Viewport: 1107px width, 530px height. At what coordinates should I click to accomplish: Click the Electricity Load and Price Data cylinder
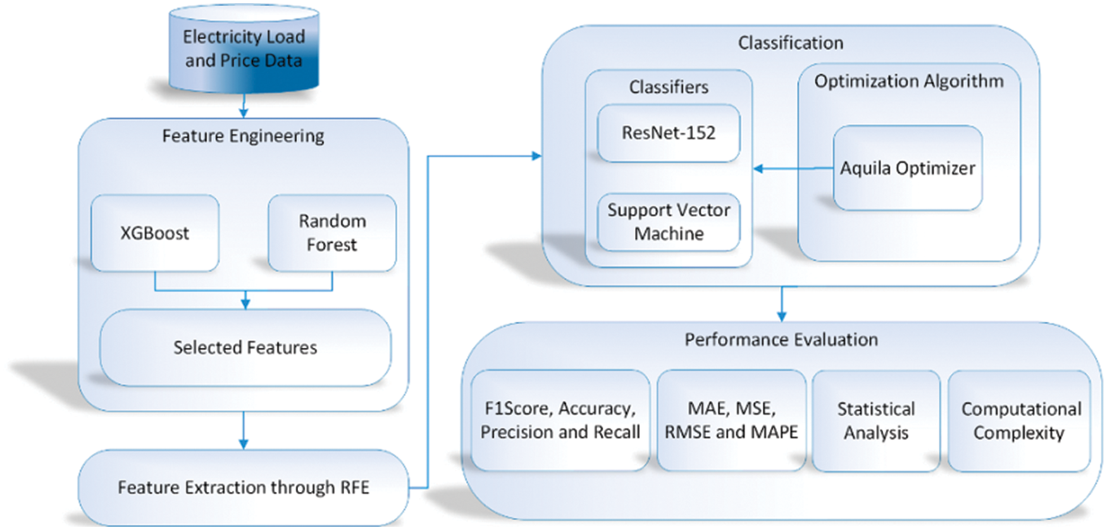point(244,49)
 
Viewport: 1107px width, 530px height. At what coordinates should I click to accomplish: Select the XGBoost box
point(155,233)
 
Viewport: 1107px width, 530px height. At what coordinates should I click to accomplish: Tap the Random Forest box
point(332,233)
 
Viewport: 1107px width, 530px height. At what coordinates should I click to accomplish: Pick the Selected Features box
point(245,348)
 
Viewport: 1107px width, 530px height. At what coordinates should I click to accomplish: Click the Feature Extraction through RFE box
point(244,488)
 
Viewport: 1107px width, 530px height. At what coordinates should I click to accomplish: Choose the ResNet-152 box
point(669,133)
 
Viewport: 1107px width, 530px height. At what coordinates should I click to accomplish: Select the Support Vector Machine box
point(669,222)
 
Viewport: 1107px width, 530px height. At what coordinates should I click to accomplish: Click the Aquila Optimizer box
point(908,168)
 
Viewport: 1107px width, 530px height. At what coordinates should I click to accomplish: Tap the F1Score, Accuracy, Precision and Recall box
point(560,421)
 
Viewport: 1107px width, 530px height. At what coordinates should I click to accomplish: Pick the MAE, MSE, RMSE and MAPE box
point(731,421)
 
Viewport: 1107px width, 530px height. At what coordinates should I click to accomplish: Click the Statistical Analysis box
point(876,421)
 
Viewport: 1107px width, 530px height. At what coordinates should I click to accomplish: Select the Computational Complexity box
point(1020,421)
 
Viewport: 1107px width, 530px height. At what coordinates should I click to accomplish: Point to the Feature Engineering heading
point(244,136)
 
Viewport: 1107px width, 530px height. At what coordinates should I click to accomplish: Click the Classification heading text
point(791,43)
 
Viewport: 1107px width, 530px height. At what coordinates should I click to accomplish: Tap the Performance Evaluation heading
point(781,340)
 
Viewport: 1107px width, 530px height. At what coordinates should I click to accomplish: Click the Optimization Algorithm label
point(909,81)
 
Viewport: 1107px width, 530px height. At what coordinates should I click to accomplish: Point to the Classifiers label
point(669,87)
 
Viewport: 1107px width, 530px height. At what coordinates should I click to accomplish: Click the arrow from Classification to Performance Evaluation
point(782,304)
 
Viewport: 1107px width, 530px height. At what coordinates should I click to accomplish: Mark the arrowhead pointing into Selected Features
point(245,304)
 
